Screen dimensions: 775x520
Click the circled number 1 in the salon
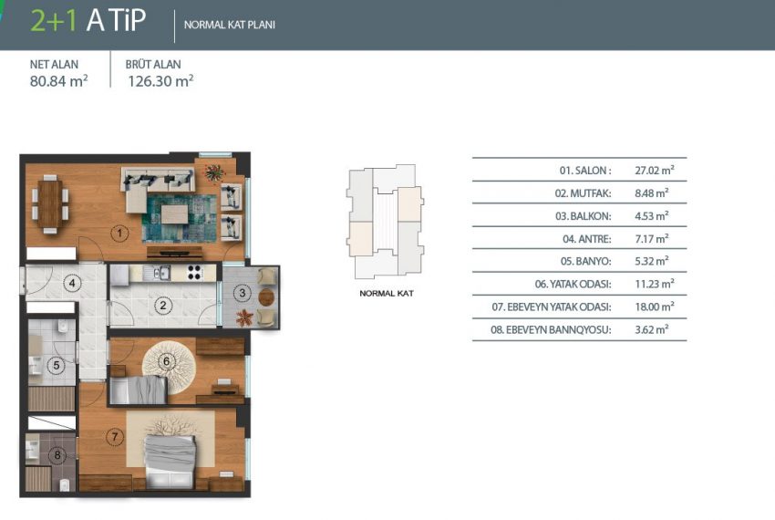pyautogui.click(x=119, y=233)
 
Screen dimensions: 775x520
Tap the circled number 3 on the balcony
pyautogui.click(x=243, y=293)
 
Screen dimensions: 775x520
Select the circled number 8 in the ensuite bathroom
pyautogui.click(x=57, y=455)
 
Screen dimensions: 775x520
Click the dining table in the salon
pyautogui.click(x=50, y=203)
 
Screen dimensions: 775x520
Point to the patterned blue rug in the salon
pyautogui.click(x=179, y=218)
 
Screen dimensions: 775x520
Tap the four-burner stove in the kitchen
pyautogui.click(x=194, y=273)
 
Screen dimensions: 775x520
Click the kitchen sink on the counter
pyautogui.click(x=157, y=273)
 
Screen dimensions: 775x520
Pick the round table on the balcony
pyautogui.click(x=266, y=296)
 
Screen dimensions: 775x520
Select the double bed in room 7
pyautogui.click(x=170, y=461)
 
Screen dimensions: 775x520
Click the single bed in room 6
pyautogui.click(x=139, y=390)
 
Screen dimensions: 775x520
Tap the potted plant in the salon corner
pyautogui.click(x=214, y=172)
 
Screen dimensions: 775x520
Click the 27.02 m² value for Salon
pyautogui.click(x=655, y=171)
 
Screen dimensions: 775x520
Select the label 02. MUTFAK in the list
pyautogui.click(x=583, y=193)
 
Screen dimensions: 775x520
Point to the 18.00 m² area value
pyautogui.click(x=655, y=307)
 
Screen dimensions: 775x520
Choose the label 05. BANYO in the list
pyautogui.click(x=585, y=261)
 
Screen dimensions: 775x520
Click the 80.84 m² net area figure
pyautogui.click(x=59, y=81)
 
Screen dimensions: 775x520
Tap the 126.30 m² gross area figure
pyautogui.click(x=160, y=81)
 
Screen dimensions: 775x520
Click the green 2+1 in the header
pyautogui.click(x=54, y=21)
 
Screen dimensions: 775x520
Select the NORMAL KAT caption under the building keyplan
pyautogui.click(x=387, y=294)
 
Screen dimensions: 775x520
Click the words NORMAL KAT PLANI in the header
pyautogui.click(x=230, y=25)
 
